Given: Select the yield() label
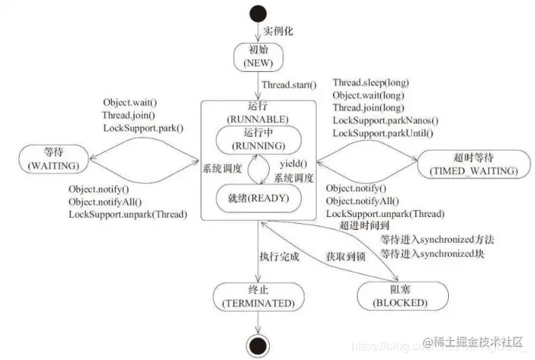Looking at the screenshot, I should point(293,164).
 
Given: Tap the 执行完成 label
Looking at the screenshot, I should point(279,256).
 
